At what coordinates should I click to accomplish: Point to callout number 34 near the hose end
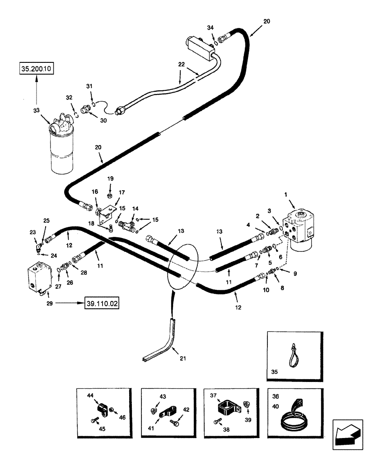click(210, 28)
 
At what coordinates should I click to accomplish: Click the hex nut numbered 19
click(110, 195)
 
